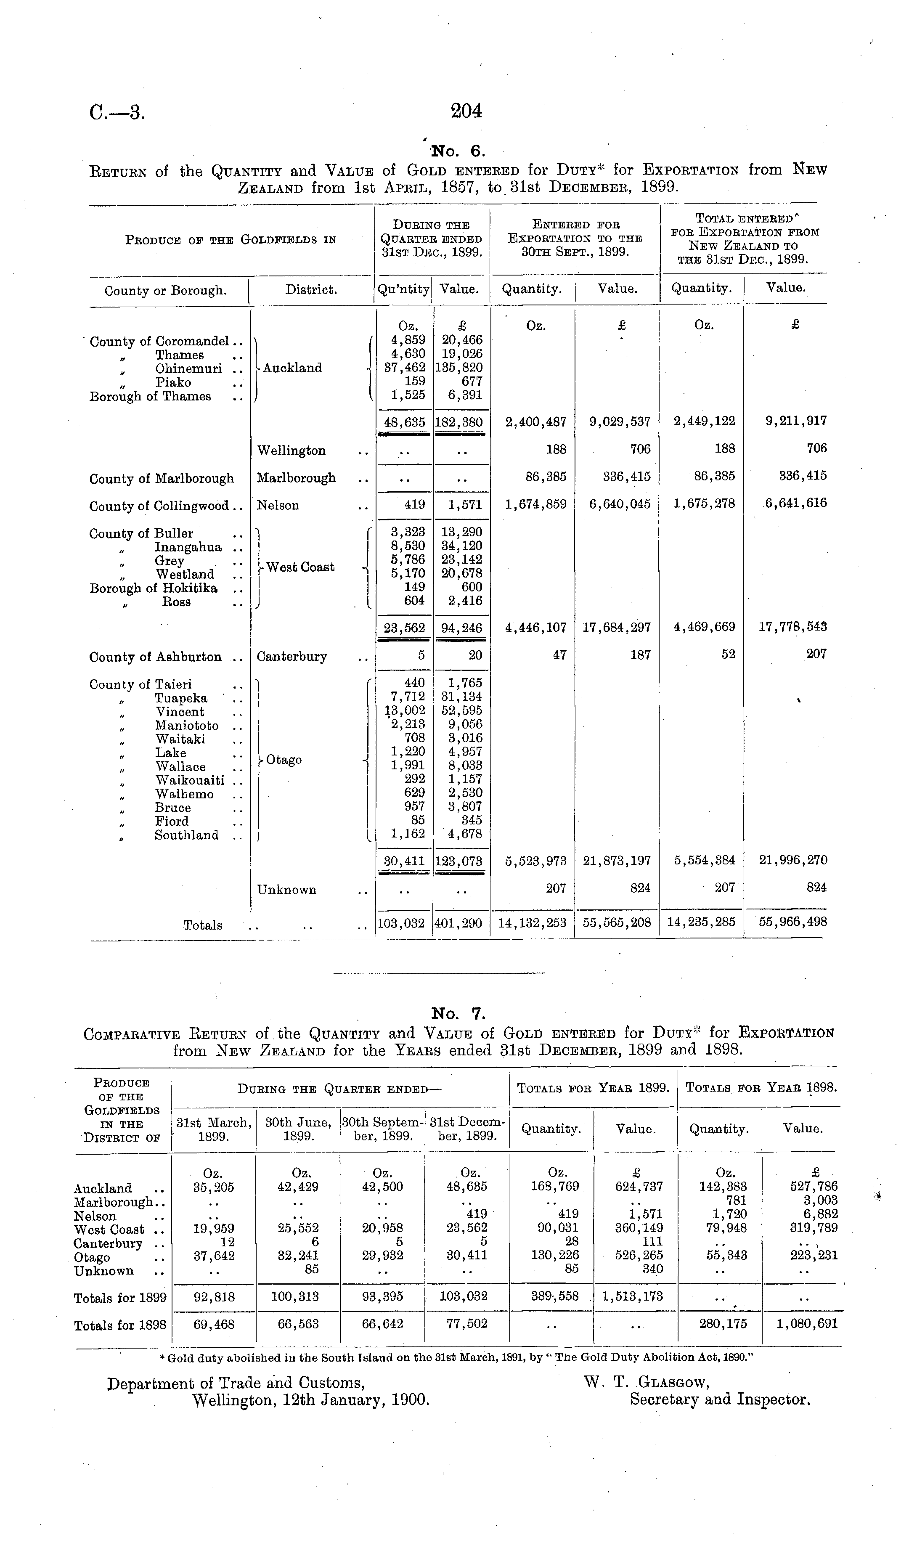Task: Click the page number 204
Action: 466,111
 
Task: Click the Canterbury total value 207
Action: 816,654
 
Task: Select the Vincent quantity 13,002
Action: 405,710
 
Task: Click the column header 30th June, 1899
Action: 299,1129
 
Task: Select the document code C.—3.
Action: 117,113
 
